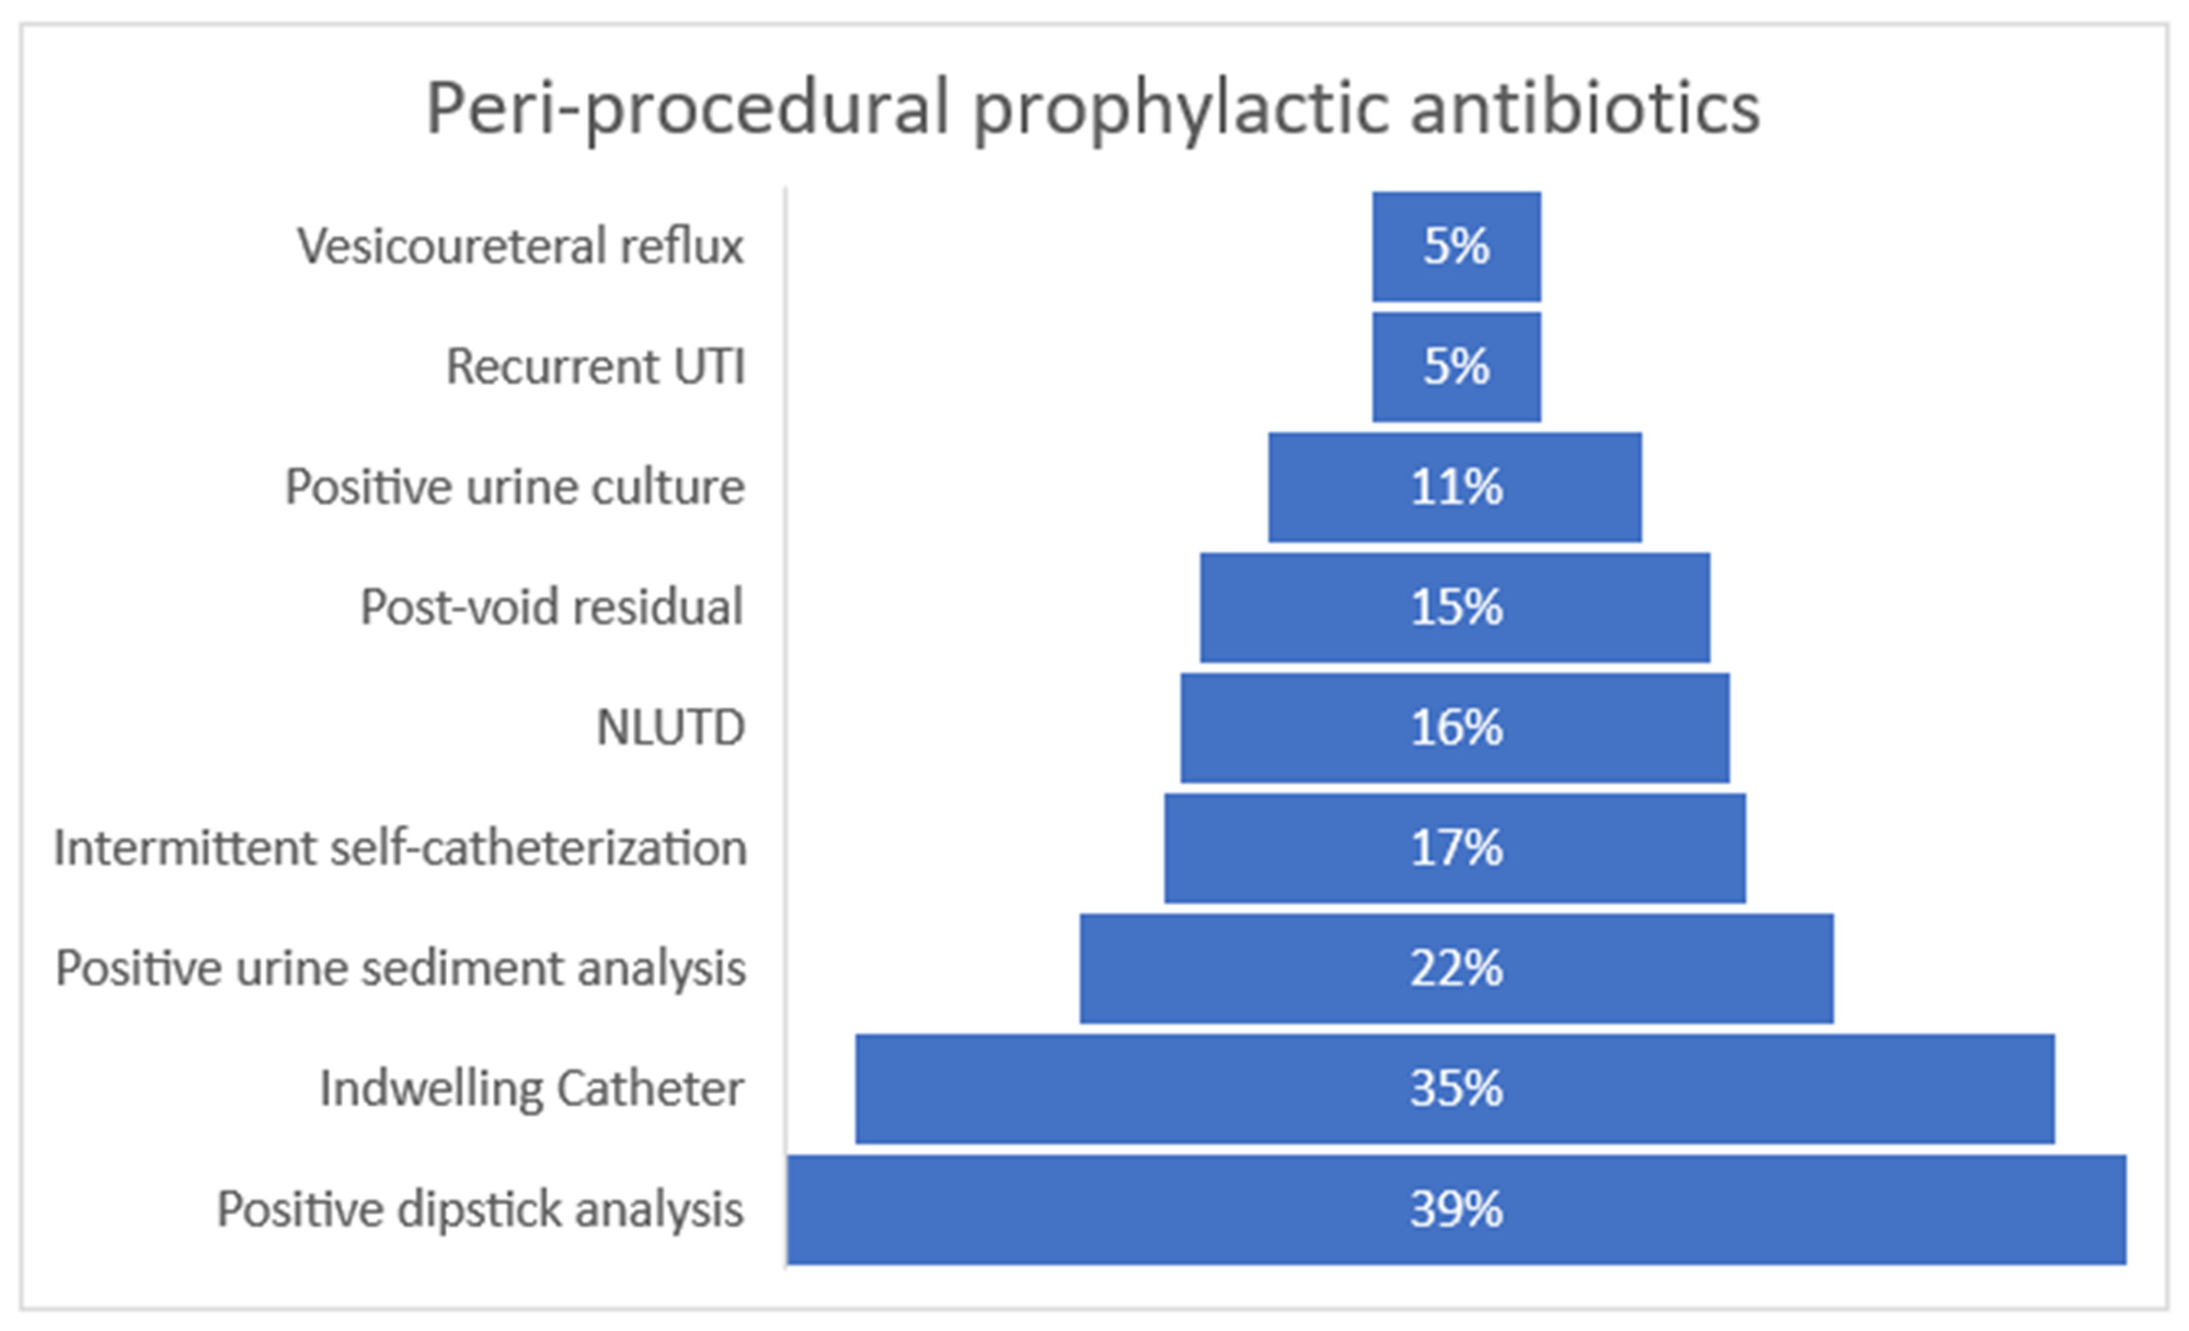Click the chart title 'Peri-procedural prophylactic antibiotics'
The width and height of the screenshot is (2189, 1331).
(x=1093, y=108)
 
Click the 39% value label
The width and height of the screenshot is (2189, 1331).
(x=1456, y=1209)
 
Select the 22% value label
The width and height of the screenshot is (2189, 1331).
(x=1456, y=968)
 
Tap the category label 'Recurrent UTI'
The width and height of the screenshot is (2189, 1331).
(x=595, y=366)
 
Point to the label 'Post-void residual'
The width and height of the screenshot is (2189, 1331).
(x=551, y=608)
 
